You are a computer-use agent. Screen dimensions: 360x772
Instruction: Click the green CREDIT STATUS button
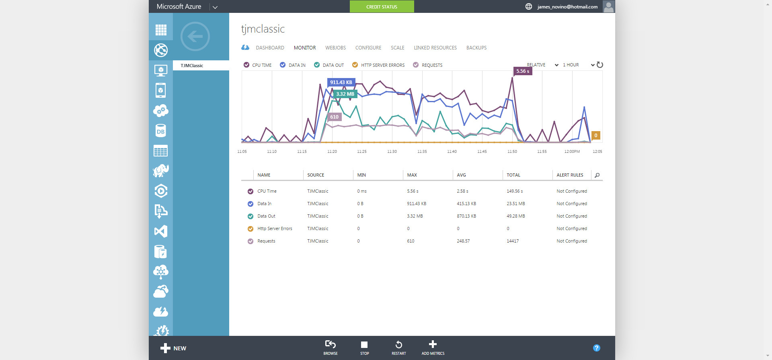382,7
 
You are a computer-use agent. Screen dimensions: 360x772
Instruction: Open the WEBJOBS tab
335,48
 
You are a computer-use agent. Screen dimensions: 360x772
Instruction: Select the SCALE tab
397,48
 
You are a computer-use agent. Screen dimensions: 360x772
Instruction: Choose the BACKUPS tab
476,48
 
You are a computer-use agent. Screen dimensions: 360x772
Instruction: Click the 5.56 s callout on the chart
522,71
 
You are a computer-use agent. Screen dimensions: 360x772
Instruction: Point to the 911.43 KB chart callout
341,82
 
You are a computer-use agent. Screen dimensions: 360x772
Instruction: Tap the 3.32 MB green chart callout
345,94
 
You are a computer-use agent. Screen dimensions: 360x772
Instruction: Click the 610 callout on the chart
334,117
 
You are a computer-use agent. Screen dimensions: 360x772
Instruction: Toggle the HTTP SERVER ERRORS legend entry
378,65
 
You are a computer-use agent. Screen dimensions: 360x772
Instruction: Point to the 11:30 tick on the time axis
392,152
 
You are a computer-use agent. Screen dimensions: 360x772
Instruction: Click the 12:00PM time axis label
572,152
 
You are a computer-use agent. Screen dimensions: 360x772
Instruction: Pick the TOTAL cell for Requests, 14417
513,241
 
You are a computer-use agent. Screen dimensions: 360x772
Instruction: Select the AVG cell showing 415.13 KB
466,204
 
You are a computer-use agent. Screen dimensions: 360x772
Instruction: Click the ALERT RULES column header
570,175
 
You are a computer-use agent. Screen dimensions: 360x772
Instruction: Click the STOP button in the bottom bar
364,348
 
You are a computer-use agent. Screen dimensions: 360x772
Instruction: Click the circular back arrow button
195,37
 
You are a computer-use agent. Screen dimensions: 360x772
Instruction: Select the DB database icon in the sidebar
160,131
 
